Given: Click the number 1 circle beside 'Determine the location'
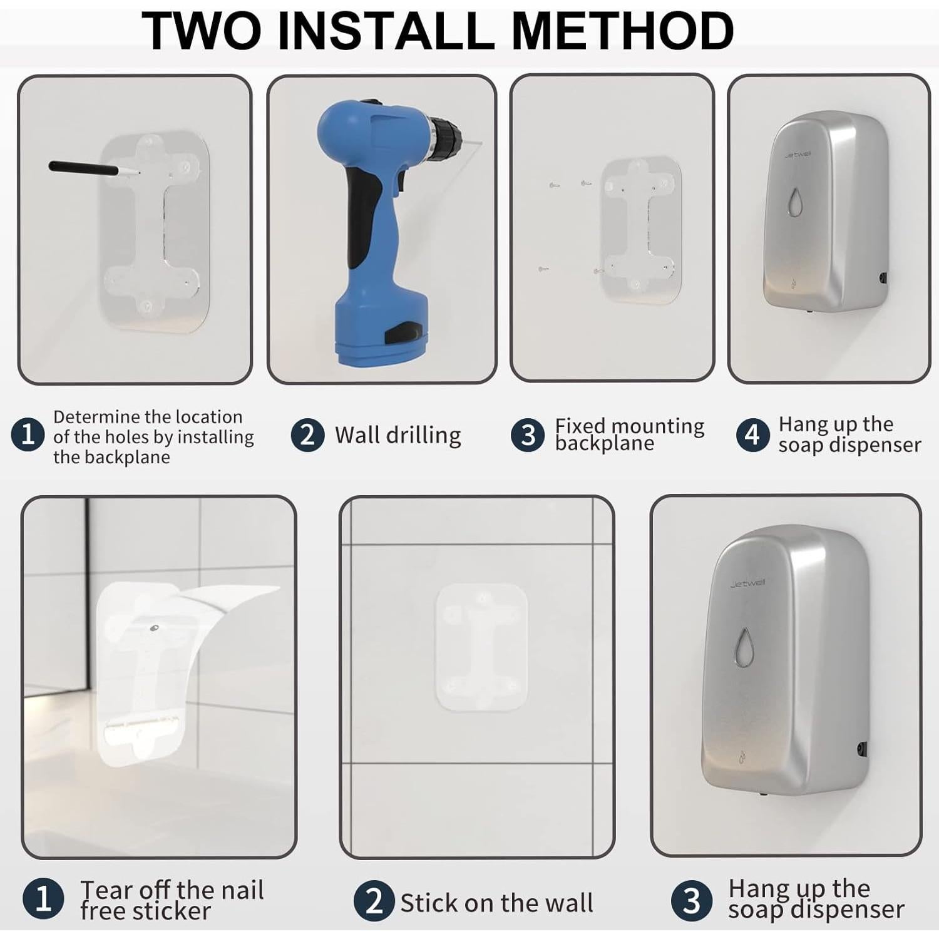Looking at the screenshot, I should [28, 434].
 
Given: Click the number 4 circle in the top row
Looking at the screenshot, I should [752, 434].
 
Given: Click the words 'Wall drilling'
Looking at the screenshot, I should [398, 435].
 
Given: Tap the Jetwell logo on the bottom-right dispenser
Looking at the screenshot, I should [747, 583].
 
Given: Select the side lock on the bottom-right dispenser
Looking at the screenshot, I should [862, 748].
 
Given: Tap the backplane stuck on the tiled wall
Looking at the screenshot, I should [481, 647].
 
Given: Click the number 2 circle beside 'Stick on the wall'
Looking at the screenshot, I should [374, 901].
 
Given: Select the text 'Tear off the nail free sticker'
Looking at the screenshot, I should [172, 900].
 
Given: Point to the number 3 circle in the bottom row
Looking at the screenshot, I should [691, 901].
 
